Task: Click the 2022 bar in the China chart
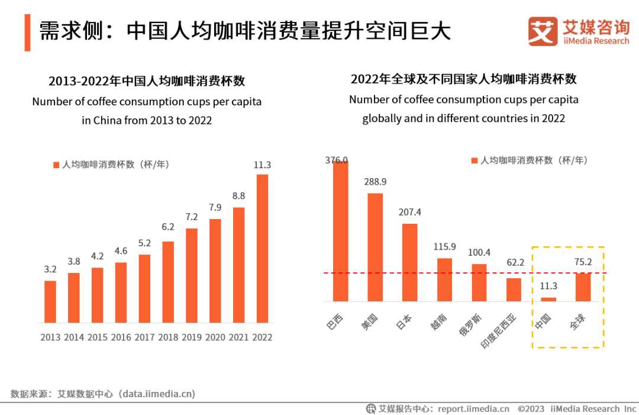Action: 262,248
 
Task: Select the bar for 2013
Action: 50,301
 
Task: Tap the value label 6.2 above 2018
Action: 168,227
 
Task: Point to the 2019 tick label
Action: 192,337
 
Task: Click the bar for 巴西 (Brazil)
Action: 340,231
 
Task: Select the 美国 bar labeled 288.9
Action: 375,247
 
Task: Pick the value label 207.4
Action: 409,212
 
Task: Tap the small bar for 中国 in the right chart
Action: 548,299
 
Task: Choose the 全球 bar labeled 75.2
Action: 583,287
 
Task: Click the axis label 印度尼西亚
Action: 498,332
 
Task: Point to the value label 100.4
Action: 479,252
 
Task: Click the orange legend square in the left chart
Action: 56,165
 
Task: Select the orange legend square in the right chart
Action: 474,160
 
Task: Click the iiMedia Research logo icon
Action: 543,31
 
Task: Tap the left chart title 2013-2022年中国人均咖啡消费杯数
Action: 147,81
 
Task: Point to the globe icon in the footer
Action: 371,408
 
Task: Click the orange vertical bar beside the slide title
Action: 27,33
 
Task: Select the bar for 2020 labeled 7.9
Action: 215,271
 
